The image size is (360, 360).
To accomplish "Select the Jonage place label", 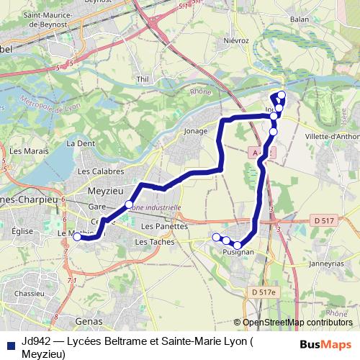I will click(x=195, y=132).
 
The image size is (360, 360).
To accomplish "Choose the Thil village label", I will click(x=142, y=78).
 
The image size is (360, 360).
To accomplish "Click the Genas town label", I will click(x=89, y=320).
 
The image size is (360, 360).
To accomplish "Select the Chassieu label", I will click(x=30, y=294).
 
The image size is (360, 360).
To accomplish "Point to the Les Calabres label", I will click(x=100, y=171).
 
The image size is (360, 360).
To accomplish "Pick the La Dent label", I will click(x=81, y=143).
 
